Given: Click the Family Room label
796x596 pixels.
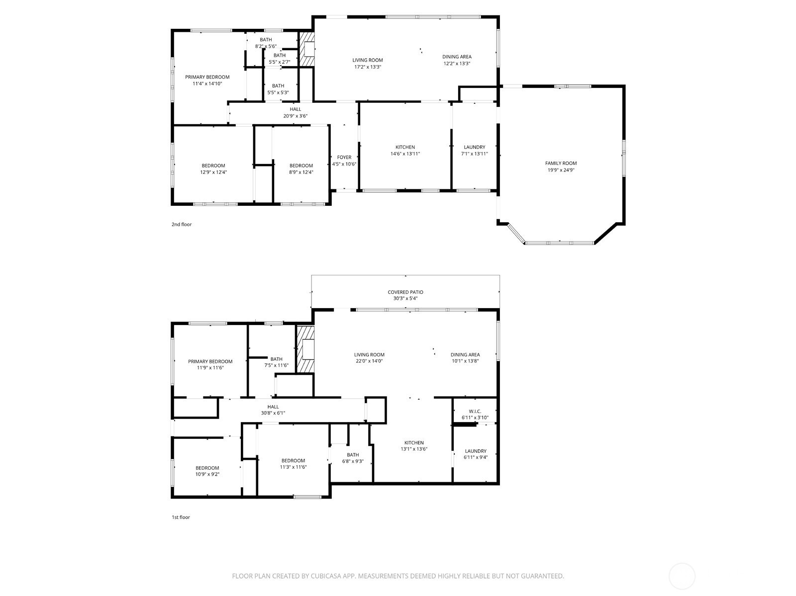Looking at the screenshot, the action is (561, 164).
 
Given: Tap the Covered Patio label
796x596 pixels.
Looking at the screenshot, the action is (405, 292).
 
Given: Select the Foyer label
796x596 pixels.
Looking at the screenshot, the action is (344, 157).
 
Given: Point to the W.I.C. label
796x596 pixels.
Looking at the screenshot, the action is (475, 411).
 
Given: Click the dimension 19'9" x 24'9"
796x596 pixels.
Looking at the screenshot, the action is (561, 170).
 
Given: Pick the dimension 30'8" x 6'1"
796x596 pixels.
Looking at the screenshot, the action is (273, 413).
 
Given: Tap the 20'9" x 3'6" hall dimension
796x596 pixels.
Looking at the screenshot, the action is (296, 116).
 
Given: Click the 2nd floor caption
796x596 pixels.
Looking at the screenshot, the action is (182, 224).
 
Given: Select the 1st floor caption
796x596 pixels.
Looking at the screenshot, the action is (181, 517).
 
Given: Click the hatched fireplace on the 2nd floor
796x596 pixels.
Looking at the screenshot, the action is (306, 49).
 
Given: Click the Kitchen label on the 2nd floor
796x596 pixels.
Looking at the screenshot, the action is (405, 147).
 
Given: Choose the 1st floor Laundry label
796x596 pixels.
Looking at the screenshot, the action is (476, 451).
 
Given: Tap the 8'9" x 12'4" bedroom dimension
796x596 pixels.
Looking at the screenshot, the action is (301, 172).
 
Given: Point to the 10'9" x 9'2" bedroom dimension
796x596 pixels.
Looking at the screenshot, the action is (207, 474).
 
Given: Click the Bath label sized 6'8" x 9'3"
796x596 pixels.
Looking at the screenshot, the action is (353, 455).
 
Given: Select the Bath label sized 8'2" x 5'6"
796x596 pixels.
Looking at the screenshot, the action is (266, 39).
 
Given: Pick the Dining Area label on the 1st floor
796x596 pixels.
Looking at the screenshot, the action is (465, 355).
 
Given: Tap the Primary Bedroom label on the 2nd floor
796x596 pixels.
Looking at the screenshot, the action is (207, 77).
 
